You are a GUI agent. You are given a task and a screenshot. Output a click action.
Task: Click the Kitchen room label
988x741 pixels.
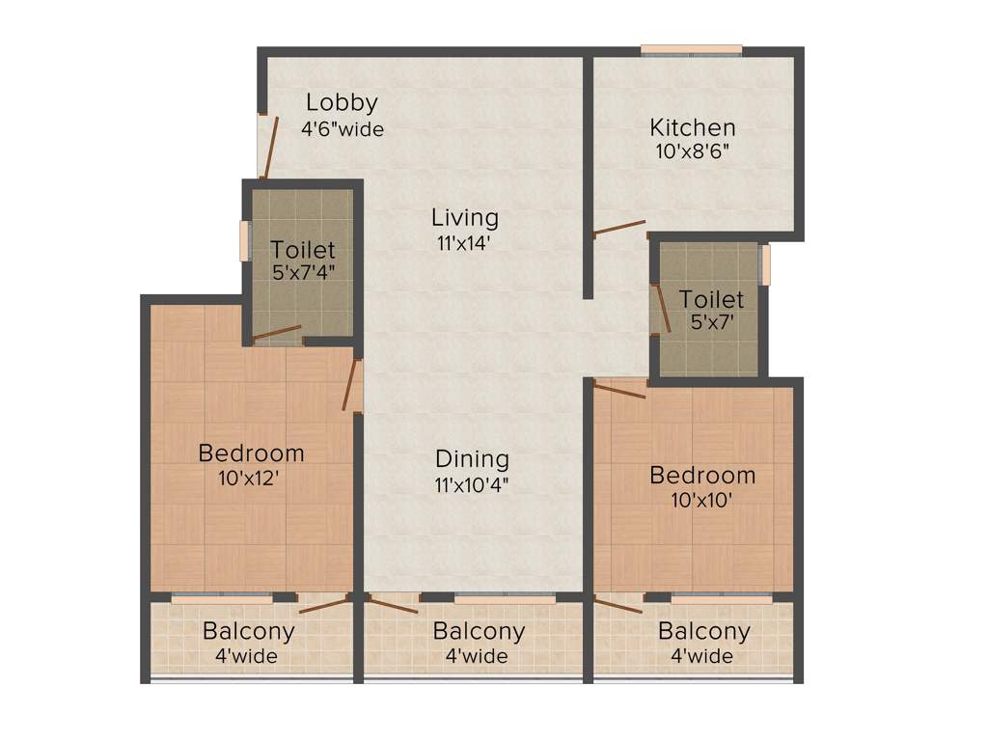tap(692, 127)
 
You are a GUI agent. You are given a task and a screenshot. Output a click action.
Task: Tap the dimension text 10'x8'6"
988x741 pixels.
tap(692, 151)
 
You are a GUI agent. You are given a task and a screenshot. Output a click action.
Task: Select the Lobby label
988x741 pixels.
tap(342, 102)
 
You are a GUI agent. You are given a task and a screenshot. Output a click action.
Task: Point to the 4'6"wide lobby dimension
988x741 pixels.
tap(343, 128)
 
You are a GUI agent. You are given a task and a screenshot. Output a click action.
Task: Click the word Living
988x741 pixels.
tap(465, 218)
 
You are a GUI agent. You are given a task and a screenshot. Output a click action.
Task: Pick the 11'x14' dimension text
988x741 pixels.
tap(465, 243)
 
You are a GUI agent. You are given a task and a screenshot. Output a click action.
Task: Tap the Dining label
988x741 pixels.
tap(472, 458)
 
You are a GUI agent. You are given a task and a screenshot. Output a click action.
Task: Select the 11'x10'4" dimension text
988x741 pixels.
tap(472, 484)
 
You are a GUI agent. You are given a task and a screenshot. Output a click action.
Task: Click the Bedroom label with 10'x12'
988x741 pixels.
tap(251, 453)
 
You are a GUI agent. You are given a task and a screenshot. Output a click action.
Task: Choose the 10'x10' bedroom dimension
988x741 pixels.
tap(701, 500)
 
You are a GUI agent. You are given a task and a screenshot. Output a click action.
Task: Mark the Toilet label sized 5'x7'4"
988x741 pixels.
tap(303, 249)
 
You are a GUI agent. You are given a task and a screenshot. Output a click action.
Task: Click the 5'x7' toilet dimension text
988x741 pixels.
tap(711, 323)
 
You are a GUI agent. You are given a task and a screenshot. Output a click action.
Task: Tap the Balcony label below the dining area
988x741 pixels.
tap(479, 632)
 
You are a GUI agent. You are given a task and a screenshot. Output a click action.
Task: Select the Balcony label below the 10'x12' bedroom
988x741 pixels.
tap(248, 632)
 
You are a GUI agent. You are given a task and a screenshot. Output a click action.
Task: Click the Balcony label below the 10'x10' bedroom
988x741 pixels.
tap(703, 632)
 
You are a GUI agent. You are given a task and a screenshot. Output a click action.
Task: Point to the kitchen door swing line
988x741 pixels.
tap(619, 228)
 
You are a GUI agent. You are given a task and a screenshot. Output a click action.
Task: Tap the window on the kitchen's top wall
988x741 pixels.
tap(692, 49)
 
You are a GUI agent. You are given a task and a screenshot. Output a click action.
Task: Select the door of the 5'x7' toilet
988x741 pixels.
tap(661, 308)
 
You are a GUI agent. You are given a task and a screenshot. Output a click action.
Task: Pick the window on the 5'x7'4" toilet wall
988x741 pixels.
tap(245, 241)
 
